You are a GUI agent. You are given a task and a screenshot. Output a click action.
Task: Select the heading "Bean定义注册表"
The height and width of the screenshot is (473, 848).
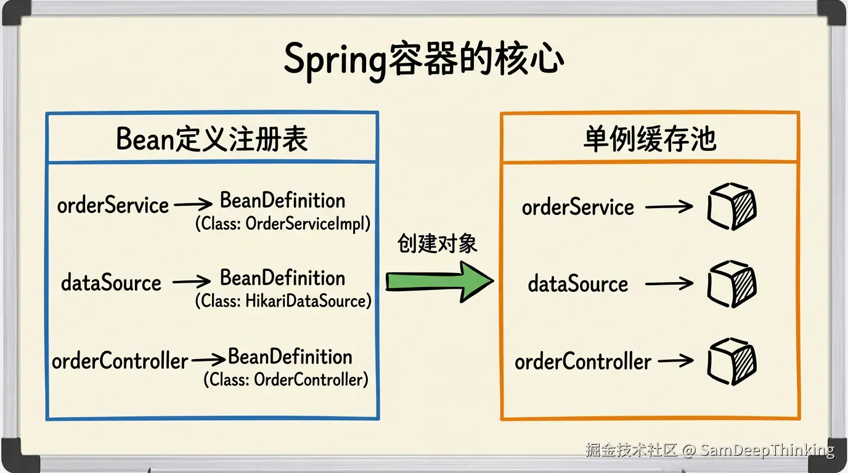[212, 139]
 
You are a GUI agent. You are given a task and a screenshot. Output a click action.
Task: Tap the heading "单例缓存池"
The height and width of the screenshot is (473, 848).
[650, 140]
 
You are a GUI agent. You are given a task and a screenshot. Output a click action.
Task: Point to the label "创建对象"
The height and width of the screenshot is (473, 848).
[438, 244]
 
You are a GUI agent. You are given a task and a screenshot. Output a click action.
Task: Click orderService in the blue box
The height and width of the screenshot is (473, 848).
[113, 205]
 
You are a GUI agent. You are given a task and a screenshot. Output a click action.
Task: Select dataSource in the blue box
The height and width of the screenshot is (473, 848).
[111, 283]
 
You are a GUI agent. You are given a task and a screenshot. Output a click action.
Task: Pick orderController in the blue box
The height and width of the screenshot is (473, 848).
[120, 361]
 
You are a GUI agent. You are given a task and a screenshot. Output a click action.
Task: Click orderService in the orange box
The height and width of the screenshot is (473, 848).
[577, 208]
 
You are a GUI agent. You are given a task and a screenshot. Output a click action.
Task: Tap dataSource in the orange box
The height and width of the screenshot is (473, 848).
[577, 284]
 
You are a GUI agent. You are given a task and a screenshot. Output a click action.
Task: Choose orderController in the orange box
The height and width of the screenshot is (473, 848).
[582, 362]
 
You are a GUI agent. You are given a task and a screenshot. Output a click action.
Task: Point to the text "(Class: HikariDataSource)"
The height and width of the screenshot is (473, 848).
[283, 301]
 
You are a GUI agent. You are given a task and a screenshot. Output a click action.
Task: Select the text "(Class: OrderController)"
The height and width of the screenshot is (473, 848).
[286, 379]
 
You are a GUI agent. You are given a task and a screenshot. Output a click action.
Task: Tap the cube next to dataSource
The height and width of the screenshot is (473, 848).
[732, 284]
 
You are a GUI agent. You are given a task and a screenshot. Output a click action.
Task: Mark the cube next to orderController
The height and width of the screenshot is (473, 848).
[732, 362]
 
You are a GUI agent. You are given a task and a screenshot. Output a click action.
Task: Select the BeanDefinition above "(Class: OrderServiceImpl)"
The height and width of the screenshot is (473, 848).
[282, 201]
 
